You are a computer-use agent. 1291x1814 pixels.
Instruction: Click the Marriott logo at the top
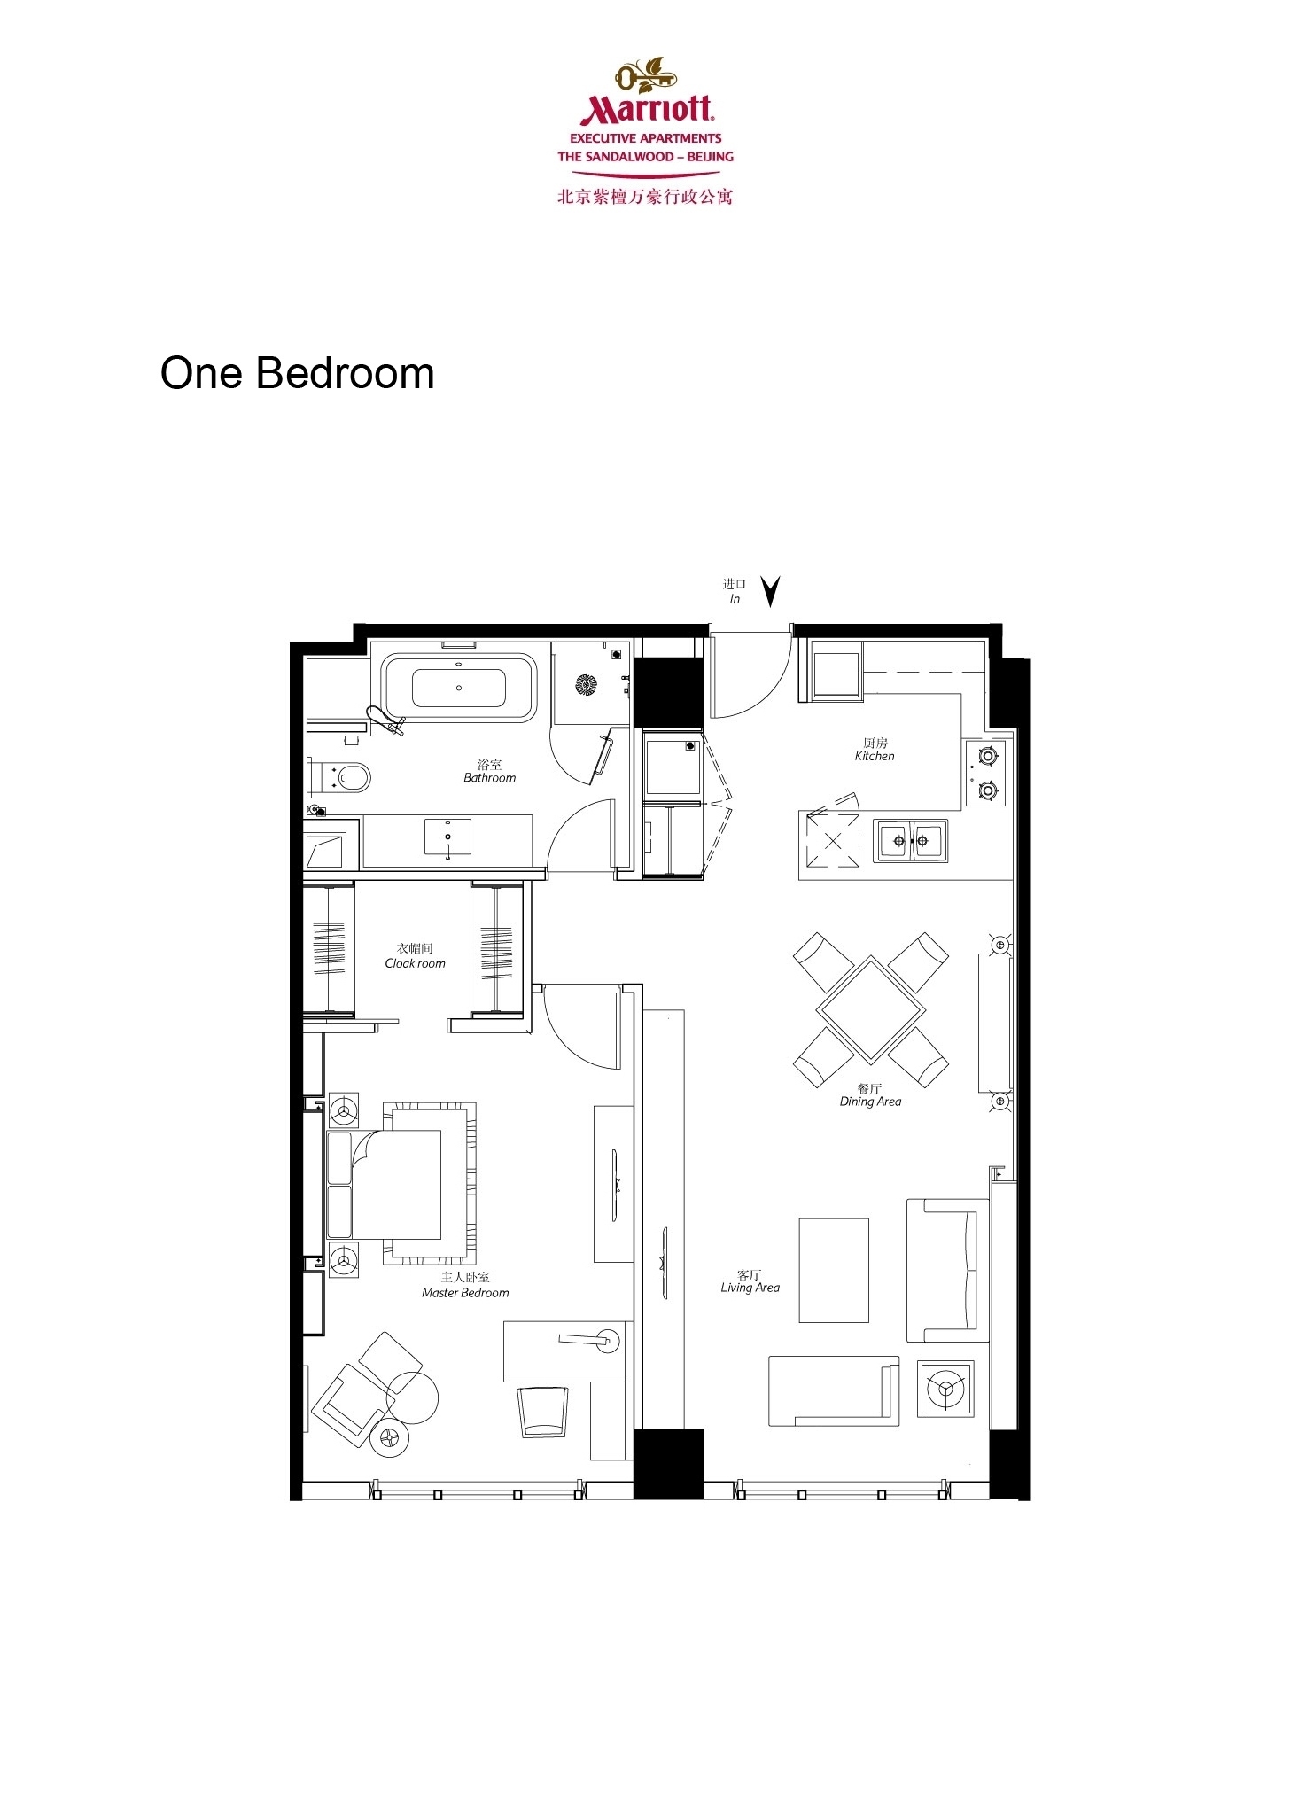[x=645, y=130]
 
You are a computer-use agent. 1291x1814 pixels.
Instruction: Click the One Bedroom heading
[x=297, y=373]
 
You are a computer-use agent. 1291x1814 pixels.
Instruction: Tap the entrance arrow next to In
[x=771, y=591]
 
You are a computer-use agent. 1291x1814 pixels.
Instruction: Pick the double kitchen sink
[x=910, y=840]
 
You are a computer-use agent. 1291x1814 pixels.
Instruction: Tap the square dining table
[x=870, y=1009]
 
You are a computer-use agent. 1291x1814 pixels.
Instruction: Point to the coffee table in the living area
[x=834, y=1271]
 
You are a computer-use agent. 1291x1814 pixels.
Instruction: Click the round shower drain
[x=586, y=685]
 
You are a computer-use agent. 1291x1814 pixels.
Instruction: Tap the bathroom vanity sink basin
[x=447, y=837]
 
